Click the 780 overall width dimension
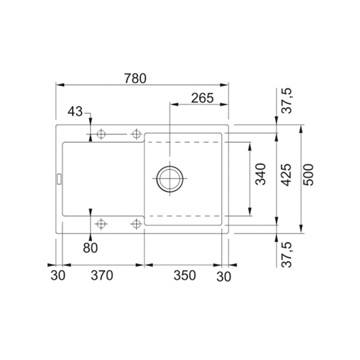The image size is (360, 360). [x=135, y=78]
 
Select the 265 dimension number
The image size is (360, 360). [x=202, y=98]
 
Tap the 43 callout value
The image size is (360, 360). [x=75, y=112]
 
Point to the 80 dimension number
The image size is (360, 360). [x=90, y=248]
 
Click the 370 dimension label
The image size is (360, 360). [x=102, y=275]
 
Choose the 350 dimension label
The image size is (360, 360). [x=185, y=275]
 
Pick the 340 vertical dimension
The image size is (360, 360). [x=261, y=174]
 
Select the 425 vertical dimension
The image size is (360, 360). [x=286, y=175]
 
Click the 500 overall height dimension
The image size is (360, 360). [x=308, y=175]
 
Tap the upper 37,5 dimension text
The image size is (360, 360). [x=287, y=101]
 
